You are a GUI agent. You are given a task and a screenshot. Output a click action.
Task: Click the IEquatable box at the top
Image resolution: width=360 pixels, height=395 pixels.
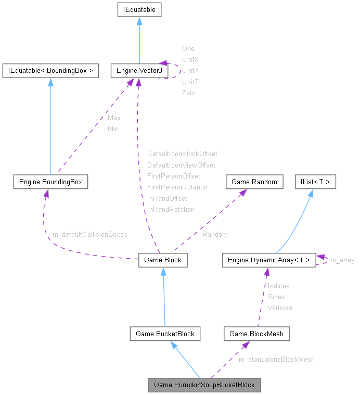coord(139,9)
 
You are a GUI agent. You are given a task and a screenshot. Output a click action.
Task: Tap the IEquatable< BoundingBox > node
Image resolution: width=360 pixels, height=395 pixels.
coord(50,70)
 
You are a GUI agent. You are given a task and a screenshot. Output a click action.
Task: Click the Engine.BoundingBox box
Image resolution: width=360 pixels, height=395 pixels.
coord(50,182)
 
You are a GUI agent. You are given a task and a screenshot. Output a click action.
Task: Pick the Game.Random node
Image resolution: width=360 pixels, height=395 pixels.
coord(254,182)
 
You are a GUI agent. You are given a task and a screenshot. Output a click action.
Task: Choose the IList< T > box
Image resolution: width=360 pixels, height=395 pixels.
coord(315,182)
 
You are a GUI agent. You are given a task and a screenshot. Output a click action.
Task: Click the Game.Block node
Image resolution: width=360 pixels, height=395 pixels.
coord(163,260)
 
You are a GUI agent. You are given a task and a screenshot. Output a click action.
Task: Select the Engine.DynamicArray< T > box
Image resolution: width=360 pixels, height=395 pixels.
coord(268,260)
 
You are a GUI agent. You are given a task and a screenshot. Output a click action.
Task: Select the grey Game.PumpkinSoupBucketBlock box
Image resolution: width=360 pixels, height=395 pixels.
coord(204,385)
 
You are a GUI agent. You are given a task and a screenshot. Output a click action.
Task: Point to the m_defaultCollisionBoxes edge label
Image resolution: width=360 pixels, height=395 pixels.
coord(90,234)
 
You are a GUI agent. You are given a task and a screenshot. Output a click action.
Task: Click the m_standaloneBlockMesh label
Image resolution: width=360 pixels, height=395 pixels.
coord(276,359)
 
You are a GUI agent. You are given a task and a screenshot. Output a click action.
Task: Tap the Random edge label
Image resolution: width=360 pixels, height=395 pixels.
coord(215,234)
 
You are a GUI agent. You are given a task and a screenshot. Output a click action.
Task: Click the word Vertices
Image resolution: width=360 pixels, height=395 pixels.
coord(280,308)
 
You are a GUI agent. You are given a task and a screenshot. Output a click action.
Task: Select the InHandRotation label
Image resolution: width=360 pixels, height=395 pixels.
coord(171,209)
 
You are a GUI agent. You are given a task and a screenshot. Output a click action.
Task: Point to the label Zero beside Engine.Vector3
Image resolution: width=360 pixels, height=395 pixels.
coord(188,93)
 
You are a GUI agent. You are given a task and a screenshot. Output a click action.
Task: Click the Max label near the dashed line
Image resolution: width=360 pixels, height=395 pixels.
coord(114,118)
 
